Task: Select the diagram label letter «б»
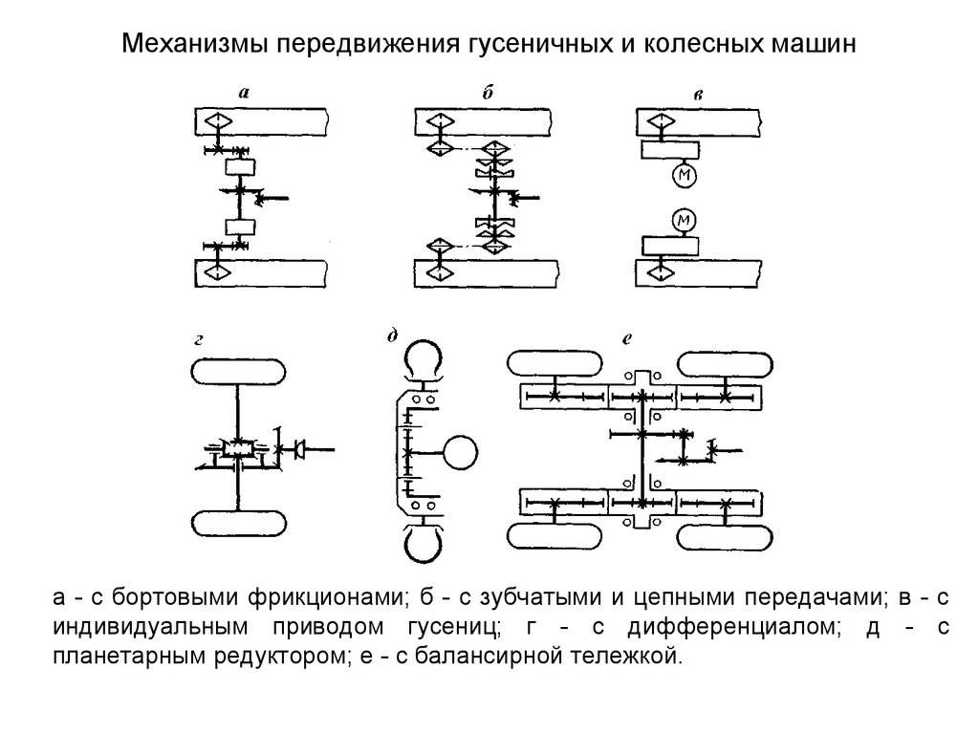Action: point(488,92)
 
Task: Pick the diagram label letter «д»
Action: point(392,335)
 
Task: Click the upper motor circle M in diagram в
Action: point(684,176)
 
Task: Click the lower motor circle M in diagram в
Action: point(684,222)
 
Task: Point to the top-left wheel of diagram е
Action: point(554,363)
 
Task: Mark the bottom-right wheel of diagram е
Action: point(724,532)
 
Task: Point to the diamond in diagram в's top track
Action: point(659,121)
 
